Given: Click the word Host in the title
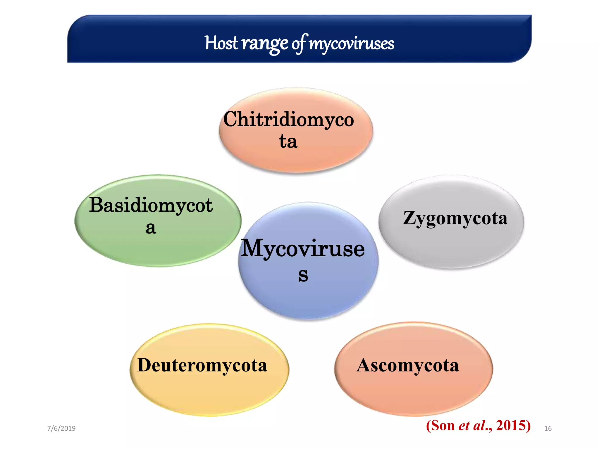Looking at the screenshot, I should click(x=221, y=43).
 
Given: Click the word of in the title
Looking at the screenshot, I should click(x=299, y=44).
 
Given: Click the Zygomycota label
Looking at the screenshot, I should click(x=455, y=218).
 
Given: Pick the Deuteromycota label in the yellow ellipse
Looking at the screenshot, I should click(x=202, y=365).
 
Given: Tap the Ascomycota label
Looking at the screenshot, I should click(x=408, y=365).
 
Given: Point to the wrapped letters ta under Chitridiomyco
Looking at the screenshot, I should click(x=288, y=141).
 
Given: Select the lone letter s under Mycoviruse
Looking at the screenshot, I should click(x=303, y=275).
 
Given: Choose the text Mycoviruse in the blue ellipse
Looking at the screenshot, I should click(x=302, y=248).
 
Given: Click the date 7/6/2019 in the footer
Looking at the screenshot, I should click(x=61, y=429).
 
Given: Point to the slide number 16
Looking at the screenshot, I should click(x=548, y=429).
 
